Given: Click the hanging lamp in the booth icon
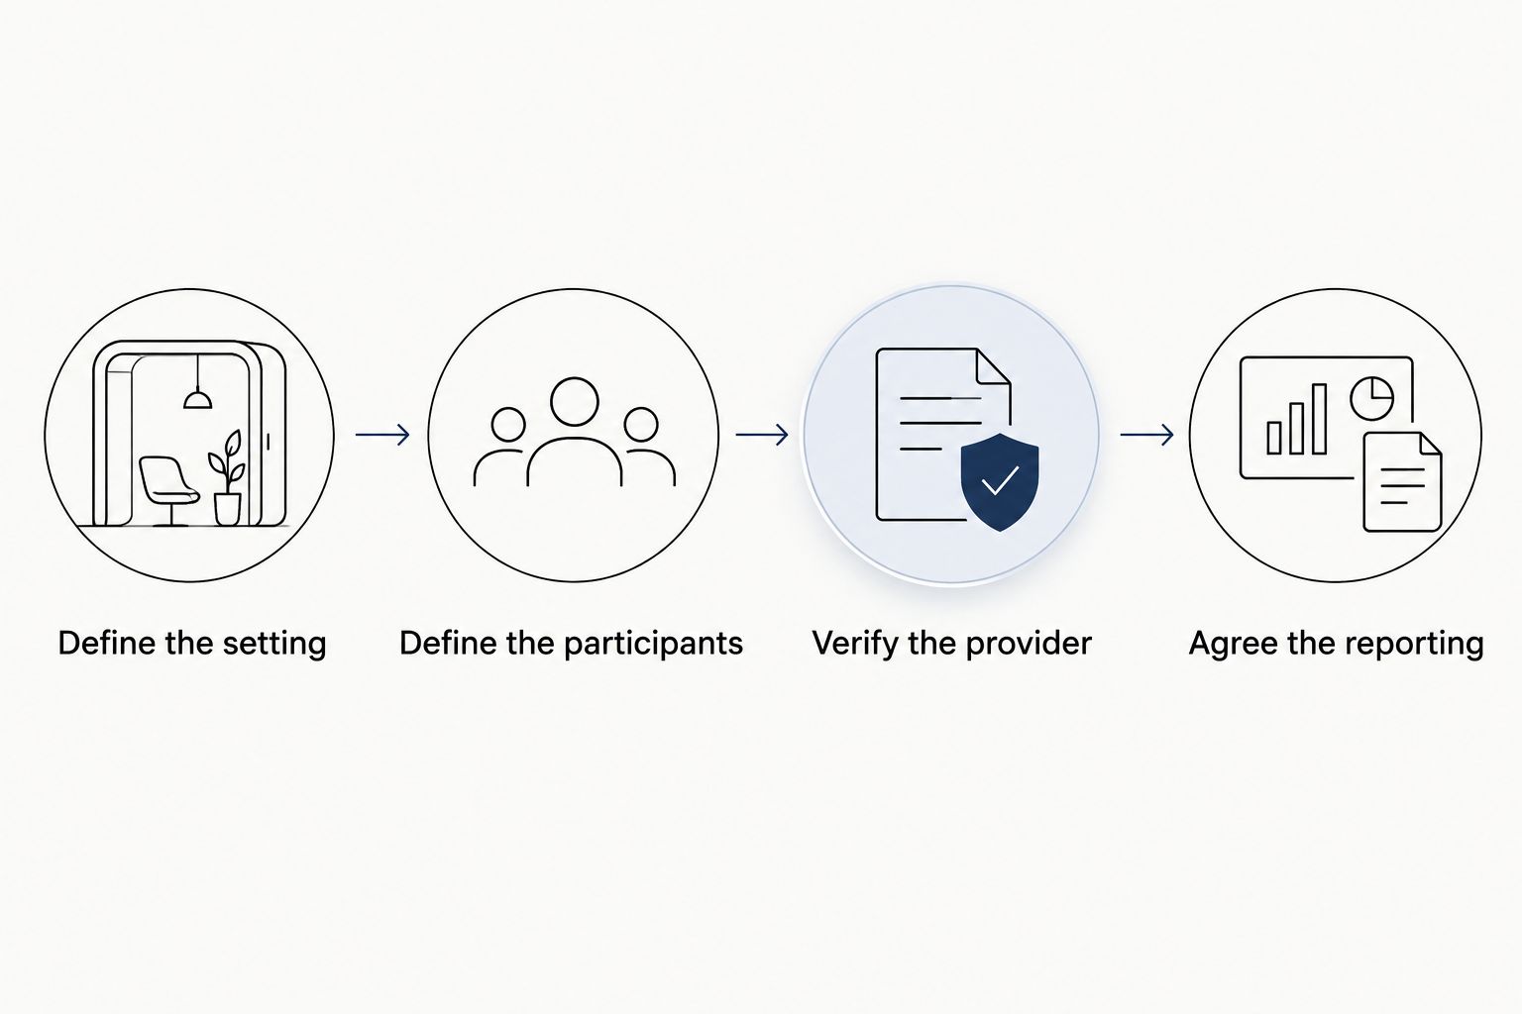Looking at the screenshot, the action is (198, 399).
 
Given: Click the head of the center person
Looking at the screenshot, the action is (574, 402).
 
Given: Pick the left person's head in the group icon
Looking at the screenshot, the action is (507, 425).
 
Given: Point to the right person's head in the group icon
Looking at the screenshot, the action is (641, 425).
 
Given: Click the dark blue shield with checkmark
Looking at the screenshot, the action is (1000, 481).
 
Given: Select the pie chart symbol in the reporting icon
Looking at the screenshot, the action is (1371, 398).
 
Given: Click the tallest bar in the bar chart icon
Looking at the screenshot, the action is (1319, 419).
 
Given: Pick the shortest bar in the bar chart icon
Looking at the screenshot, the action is (1274, 438).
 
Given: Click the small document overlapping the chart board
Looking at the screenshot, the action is (1402, 481).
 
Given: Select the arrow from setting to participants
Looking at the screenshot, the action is (382, 434).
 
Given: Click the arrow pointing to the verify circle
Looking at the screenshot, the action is (762, 434).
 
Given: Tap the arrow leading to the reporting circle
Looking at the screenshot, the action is (1146, 434).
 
